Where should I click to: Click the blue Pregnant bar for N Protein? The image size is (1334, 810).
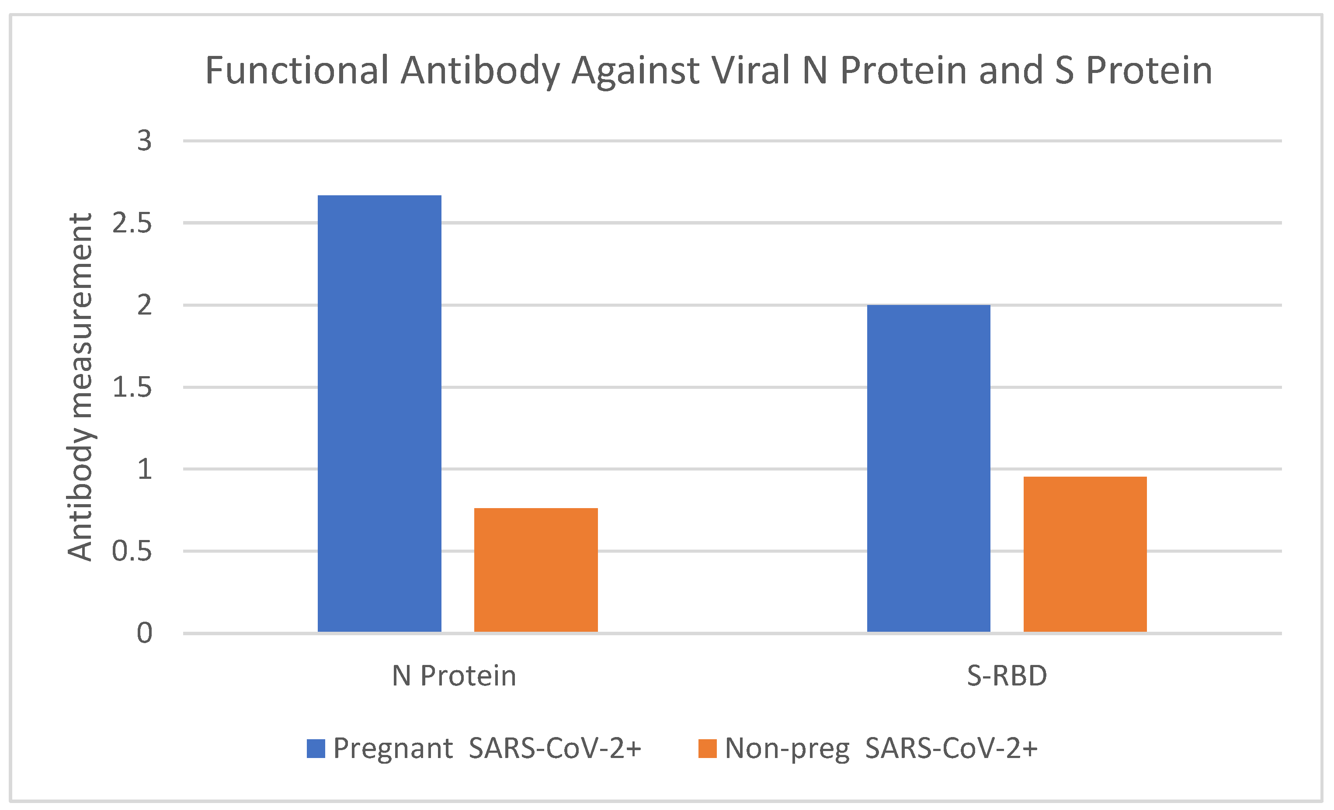coord(379,413)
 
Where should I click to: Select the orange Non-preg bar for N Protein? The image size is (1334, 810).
coord(535,570)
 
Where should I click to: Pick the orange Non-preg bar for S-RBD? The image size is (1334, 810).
coord(1084,554)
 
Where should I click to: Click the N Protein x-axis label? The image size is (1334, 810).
coord(454,676)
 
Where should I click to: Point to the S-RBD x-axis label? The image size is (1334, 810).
coord(1007,676)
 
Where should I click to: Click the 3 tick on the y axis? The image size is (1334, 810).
coord(144,141)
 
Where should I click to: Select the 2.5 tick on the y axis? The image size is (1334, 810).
coord(132,223)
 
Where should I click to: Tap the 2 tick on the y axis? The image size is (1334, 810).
coord(144,306)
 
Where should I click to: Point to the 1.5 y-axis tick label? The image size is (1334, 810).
coord(132,388)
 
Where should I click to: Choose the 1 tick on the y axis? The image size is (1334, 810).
coord(144,469)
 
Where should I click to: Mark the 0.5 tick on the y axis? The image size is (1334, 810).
coord(132,551)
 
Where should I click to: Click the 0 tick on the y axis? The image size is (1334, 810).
coord(144,633)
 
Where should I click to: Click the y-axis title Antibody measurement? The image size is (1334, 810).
coord(80,388)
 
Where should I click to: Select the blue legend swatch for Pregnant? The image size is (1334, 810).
coord(316,749)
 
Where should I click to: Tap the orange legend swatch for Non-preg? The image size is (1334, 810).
coord(707,749)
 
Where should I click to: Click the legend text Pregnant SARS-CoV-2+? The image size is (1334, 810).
coord(487,749)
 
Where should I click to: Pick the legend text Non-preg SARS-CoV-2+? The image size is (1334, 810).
coord(881,749)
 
